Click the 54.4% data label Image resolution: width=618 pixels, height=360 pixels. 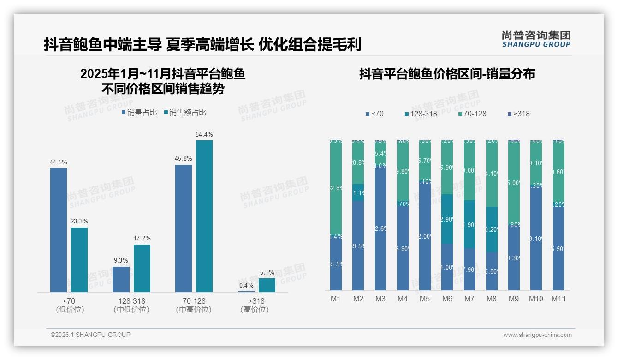(204, 135)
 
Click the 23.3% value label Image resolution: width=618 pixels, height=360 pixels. (79, 222)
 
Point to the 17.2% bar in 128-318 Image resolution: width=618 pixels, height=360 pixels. (142, 268)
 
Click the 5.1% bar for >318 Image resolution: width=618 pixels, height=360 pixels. (267, 285)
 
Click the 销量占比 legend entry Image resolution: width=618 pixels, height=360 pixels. (140, 113)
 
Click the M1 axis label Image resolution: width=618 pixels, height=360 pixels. (336, 299)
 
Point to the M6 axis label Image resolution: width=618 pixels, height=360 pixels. (447, 299)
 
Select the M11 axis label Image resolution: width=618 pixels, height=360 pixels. (559, 299)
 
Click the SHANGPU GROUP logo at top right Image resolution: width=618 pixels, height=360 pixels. (536, 39)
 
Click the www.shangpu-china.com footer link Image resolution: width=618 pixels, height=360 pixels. (537, 335)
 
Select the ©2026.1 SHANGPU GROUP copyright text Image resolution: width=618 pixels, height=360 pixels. (90, 335)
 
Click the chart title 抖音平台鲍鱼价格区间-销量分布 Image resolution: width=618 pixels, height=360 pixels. (447, 74)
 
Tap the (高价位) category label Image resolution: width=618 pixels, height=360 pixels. (254, 310)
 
